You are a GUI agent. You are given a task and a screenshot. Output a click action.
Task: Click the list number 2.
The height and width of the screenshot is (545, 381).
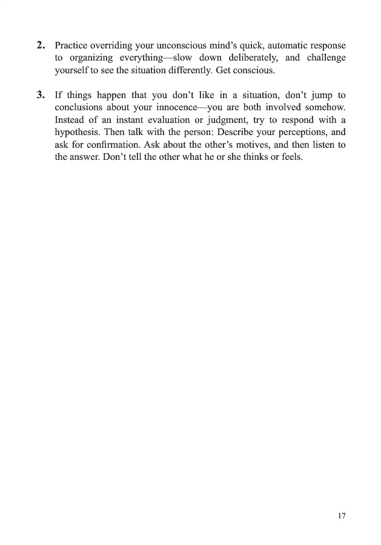tap(41, 45)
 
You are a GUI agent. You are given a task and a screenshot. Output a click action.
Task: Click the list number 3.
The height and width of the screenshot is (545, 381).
tap(41, 95)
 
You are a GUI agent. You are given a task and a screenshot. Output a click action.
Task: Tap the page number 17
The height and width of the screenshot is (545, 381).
tap(342, 516)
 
